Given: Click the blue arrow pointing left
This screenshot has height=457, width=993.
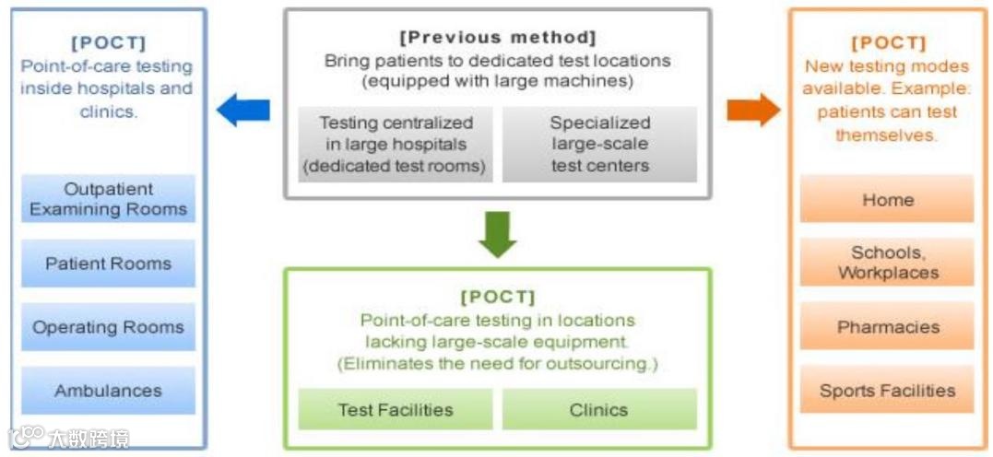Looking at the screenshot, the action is click(242, 111).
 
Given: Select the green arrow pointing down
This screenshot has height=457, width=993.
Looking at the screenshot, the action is click(498, 233).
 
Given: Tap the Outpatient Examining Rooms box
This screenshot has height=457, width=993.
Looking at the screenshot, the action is click(109, 199).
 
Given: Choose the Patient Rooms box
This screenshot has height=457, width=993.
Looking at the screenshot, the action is click(109, 264).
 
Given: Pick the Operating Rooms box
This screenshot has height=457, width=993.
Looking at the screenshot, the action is click(109, 327).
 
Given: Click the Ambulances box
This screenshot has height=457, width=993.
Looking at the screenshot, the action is click(109, 391).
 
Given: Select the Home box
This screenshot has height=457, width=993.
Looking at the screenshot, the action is click(887, 199).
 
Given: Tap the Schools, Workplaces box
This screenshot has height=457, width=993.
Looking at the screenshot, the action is click(887, 263).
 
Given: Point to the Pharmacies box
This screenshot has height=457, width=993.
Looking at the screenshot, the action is click(887, 327).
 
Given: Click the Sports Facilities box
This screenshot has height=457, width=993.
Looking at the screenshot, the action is click(887, 391).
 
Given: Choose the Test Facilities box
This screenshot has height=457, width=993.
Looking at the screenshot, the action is click(396, 410).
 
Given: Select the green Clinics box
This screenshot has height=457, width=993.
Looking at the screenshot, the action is click(599, 410).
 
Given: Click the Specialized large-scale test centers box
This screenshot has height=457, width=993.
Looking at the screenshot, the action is click(599, 145).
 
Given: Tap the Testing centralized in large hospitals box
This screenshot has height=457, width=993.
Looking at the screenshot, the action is click(396, 145).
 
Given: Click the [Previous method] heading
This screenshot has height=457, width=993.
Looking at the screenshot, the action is click(498, 38).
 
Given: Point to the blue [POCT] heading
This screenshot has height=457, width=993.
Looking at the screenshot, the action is click(108, 43).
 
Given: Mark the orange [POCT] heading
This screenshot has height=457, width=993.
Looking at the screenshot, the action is click(886, 43).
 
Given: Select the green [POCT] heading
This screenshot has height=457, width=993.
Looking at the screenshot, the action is click(498, 297).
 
